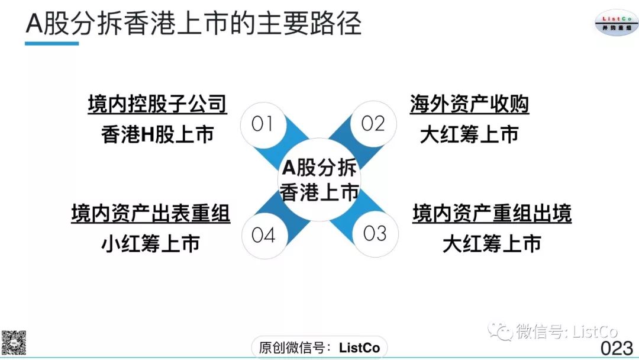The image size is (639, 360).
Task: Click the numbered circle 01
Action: point(262,124)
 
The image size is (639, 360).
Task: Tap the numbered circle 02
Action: point(373,124)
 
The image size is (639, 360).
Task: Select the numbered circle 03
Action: point(375,234)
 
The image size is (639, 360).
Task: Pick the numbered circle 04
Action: point(263,235)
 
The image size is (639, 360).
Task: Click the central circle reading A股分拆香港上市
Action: point(319,179)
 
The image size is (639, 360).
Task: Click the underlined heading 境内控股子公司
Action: point(157,104)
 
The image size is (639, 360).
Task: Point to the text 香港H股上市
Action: point(157,135)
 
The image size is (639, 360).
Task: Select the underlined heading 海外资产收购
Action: point(469,104)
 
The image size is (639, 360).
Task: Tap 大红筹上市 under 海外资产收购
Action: point(469,135)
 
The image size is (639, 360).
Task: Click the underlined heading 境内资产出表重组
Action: point(150,213)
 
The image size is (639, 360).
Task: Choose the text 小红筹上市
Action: point(150,243)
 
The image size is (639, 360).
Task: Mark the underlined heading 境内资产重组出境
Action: point(492,213)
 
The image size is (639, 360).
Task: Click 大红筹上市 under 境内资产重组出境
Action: point(492,243)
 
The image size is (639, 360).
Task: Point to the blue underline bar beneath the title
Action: point(52,43)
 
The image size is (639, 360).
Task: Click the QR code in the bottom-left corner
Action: point(13,342)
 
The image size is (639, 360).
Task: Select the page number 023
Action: point(617,348)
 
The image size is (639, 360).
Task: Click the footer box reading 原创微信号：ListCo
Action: point(319,348)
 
